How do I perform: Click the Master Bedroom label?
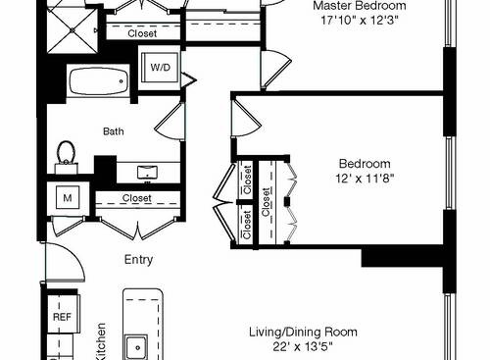(359, 5)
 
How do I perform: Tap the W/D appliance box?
(159, 69)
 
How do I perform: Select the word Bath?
(114, 129)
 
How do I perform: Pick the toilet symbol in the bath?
(68, 153)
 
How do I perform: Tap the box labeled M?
(68, 197)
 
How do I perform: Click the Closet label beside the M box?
(137, 198)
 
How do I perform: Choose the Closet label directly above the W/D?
(146, 33)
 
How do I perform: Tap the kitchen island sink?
(135, 346)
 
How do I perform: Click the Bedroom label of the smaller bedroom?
(365, 164)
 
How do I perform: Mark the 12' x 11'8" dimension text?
(365, 179)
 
